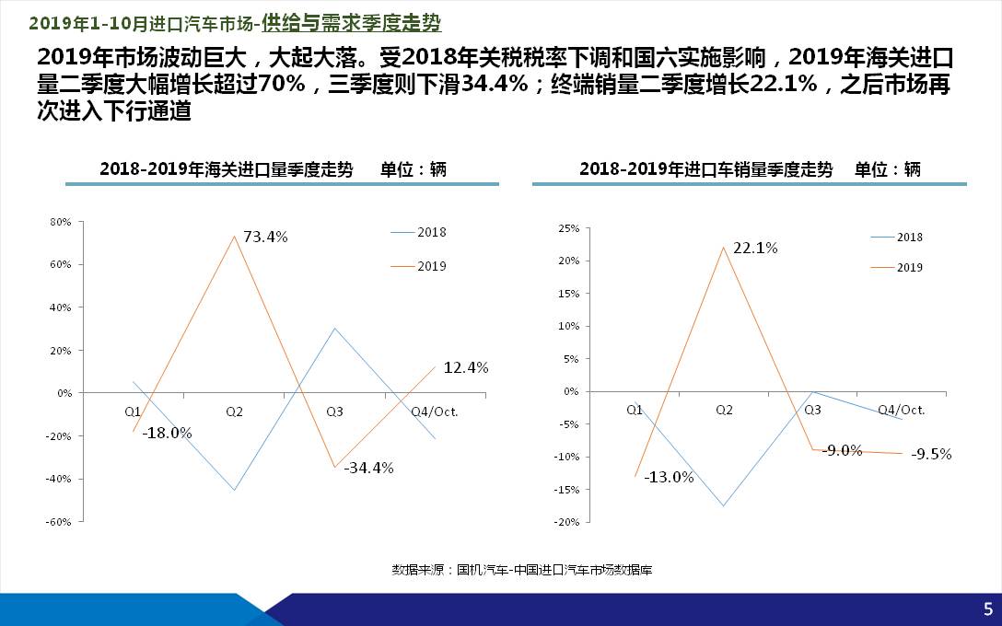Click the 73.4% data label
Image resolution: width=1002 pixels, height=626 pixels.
pyautogui.click(x=266, y=237)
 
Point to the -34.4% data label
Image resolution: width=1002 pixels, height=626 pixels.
pyautogui.click(x=368, y=468)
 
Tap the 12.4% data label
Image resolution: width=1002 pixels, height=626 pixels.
pyautogui.click(x=465, y=367)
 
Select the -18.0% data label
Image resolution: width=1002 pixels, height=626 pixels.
pyautogui.click(x=167, y=433)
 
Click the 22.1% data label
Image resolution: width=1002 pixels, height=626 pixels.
pyautogui.click(x=755, y=248)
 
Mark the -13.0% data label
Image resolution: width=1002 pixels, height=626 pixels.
pyautogui.click(x=669, y=477)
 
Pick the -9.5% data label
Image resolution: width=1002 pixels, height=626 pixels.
pyautogui.click(x=930, y=454)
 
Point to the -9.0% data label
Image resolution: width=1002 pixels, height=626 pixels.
pyautogui.click(x=843, y=450)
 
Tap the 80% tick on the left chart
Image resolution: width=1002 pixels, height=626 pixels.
pyautogui.click(x=60, y=222)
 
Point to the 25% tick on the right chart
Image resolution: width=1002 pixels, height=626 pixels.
pyautogui.click(x=568, y=228)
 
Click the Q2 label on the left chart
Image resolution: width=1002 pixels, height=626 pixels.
pyautogui.click(x=234, y=412)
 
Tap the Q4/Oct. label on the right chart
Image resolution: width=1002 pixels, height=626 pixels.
pyautogui.click(x=901, y=410)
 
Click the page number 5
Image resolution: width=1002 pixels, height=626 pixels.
pyautogui.click(x=987, y=609)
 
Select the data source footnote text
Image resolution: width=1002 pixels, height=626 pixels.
pyautogui.click(x=521, y=570)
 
